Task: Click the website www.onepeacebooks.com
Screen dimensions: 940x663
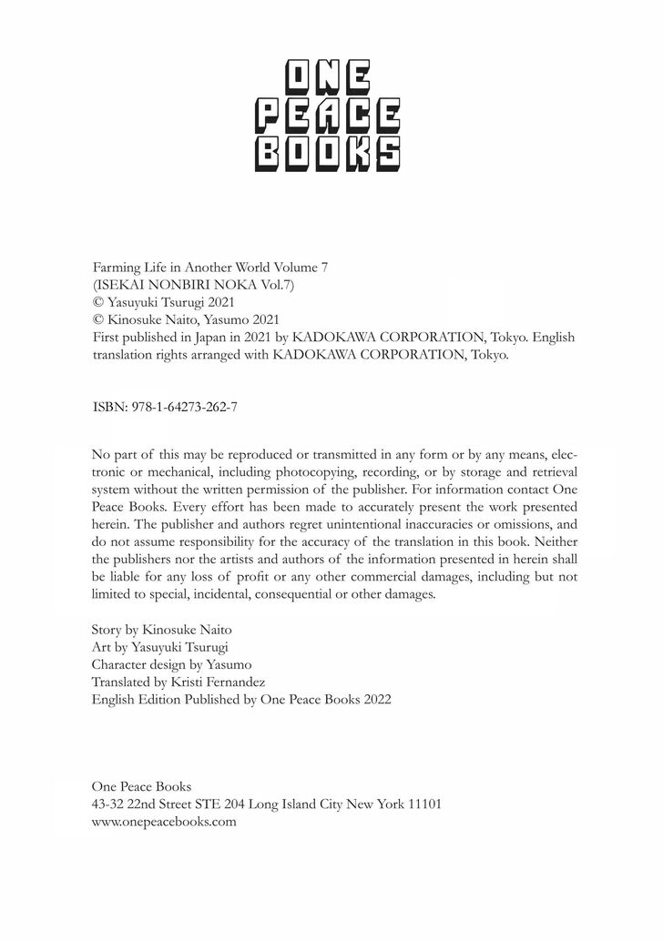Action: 165,821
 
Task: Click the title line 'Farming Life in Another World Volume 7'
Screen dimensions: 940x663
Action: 209,267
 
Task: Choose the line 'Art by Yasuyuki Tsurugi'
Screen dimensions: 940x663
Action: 160,646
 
